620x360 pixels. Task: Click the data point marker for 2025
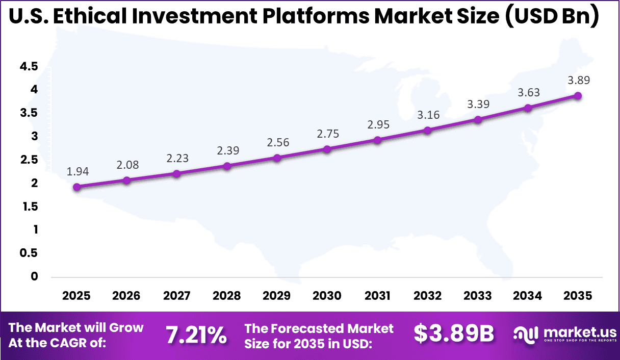click(x=76, y=187)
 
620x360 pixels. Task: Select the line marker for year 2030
click(x=327, y=149)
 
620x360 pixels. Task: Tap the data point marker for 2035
click(x=578, y=96)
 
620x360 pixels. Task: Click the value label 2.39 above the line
click(x=227, y=150)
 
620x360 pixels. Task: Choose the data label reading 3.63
click(x=528, y=92)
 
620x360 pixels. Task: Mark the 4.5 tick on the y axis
click(x=29, y=66)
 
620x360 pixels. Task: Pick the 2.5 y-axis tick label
click(x=29, y=160)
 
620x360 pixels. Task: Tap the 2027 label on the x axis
click(x=176, y=296)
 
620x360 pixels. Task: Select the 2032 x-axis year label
click(x=427, y=296)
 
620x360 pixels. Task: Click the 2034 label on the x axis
click(x=528, y=296)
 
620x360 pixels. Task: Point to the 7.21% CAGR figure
click(x=196, y=335)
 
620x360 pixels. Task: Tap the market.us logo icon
click(x=526, y=335)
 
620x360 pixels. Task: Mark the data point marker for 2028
click(x=227, y=166)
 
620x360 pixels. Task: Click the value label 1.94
click(x=77, y=172)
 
